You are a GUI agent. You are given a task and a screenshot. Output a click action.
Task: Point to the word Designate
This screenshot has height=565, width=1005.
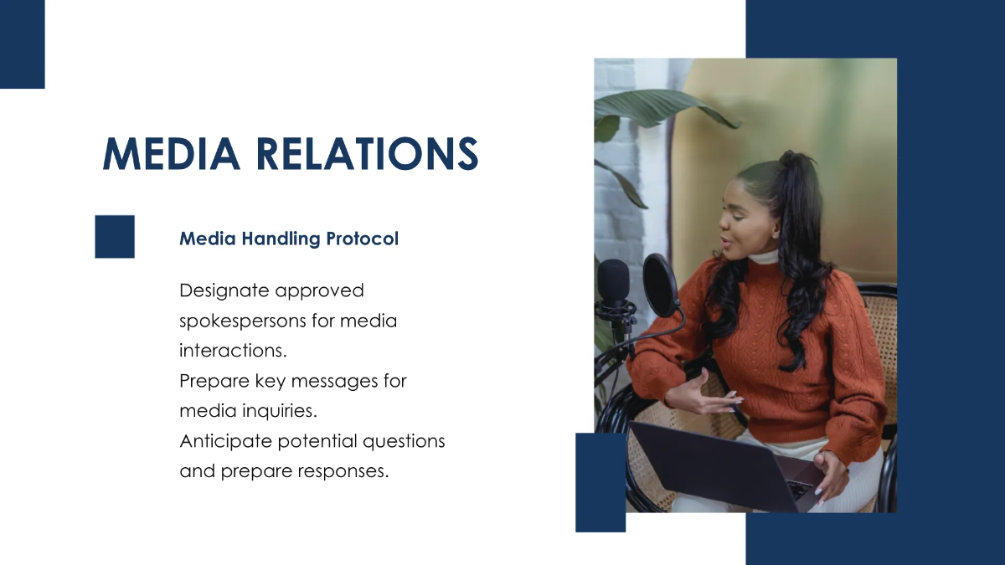(x=224, y=290)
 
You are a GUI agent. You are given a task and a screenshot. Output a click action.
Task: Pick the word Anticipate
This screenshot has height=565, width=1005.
(x=225, y=441)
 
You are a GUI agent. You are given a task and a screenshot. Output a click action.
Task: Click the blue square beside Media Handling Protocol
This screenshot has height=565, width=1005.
(x=115, y=236)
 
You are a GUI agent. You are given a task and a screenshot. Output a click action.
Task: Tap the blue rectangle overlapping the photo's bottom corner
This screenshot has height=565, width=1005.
(x=600, y=482)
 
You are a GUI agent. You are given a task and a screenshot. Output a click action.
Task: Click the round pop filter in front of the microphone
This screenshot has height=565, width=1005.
(x=661, y=285)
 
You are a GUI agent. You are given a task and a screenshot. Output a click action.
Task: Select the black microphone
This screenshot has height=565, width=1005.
(x=614, y=285)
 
